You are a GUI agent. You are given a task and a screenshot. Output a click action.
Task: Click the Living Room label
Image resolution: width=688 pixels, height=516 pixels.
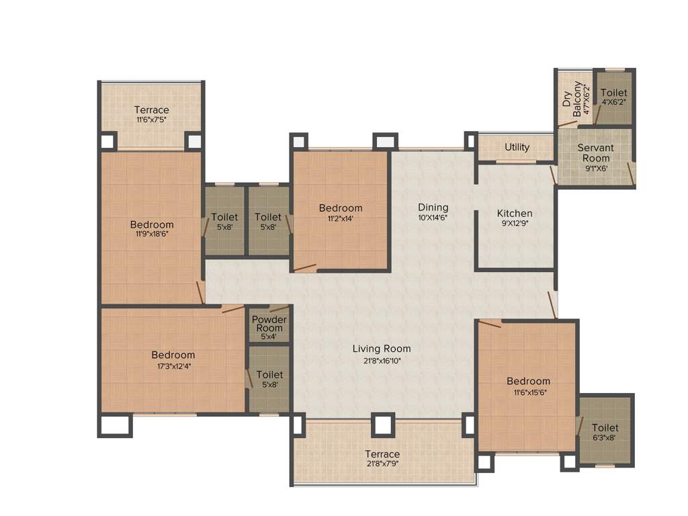pos(381,349)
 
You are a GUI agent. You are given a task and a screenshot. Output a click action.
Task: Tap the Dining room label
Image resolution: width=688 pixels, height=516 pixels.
pos(433,208)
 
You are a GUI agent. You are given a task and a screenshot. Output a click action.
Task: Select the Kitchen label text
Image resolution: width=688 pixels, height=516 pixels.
pos(515,214)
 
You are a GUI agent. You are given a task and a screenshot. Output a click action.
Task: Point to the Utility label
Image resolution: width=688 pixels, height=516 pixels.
pos(517,147)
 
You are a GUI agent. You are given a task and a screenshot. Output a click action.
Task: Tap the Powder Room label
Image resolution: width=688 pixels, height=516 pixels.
pos(269,324)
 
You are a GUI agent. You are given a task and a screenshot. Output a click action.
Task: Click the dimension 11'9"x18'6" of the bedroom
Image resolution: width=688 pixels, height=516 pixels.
pos(151,234)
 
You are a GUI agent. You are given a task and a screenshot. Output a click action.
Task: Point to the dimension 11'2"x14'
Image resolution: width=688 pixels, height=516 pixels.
pos(341,218)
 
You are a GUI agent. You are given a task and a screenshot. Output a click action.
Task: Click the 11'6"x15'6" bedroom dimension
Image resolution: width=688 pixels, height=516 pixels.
pos(528,392)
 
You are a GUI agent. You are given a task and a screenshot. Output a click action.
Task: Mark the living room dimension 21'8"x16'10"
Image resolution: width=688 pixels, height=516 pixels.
pos(381,359)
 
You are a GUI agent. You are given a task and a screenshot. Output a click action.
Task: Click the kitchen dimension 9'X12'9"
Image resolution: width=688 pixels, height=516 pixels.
pos(515,224)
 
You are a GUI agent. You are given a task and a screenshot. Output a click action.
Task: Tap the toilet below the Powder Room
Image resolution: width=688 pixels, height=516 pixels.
pos(269,379)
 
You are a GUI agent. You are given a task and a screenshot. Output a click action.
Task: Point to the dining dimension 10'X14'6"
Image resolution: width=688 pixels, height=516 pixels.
pos(433,218)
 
